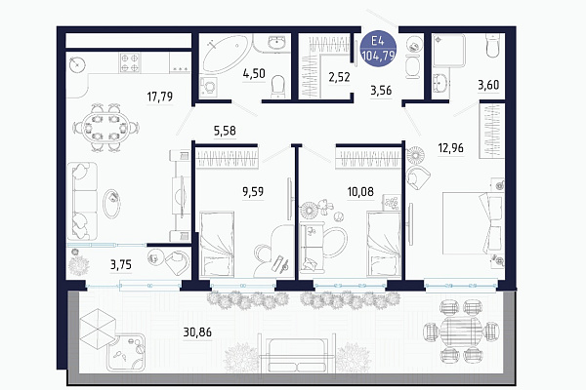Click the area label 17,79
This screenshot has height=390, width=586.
point(160,97)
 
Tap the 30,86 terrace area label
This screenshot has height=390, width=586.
point(197,331)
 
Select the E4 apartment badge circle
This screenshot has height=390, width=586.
point(378,49)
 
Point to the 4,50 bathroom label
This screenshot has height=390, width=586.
point(254,73)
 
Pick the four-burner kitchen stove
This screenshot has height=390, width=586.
point(130,62)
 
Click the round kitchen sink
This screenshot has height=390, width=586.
point(78,64)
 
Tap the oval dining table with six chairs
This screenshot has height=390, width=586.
point(105,128)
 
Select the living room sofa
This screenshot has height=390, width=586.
point(82,201)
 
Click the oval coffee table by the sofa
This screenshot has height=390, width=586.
point(111,204)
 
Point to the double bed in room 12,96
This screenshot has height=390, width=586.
point(473,223)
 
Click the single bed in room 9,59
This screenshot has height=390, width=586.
point(217,244)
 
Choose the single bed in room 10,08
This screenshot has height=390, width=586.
point(384,244)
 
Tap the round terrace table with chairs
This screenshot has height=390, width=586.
point(461,331)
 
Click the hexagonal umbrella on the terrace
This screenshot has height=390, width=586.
point(98,329)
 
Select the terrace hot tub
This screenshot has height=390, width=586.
point(126,353)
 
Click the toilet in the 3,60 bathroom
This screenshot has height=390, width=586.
point(493,46)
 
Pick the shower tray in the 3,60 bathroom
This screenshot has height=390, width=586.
point(449,51)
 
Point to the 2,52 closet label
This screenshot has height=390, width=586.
point(339,77)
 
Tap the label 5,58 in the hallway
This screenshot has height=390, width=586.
point(225,131)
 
